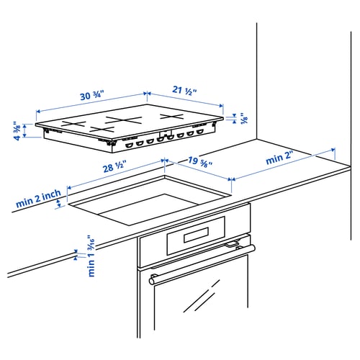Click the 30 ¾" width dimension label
[93, 95]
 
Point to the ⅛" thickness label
[243, 119]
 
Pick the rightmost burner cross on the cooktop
[173, 116]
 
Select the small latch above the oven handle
[230, 246]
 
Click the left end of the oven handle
[152, 277]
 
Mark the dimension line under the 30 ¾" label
[91, 103]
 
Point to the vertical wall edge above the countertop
[257, 79]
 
